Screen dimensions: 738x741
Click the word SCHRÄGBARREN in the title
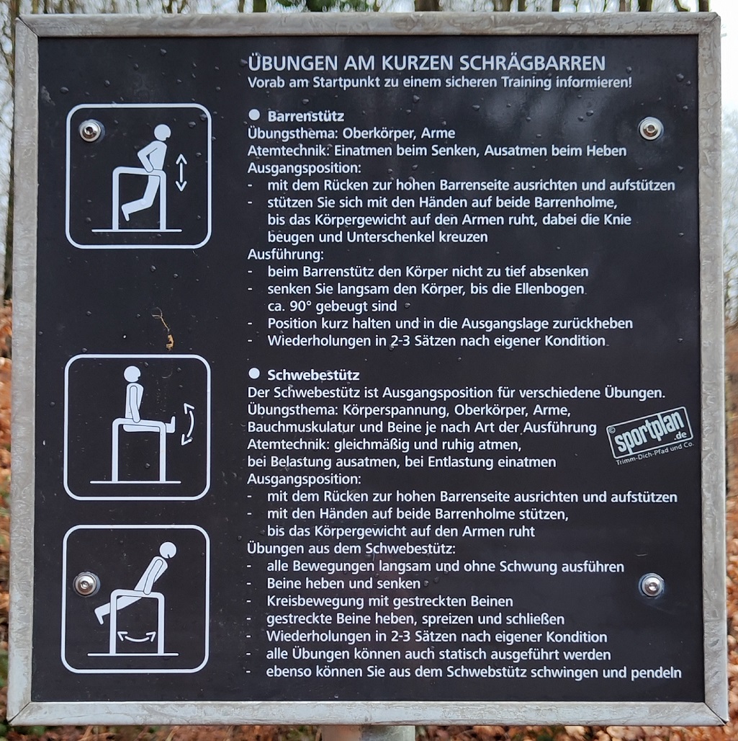tap(532, 63)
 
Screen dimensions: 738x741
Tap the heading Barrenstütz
tap(306, 116)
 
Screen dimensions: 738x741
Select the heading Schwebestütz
tap(313, 376)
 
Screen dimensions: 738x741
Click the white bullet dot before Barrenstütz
tap(254, 115)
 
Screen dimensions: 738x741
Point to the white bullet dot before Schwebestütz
tap(254, 373)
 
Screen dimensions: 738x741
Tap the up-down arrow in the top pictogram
tap(181, 173)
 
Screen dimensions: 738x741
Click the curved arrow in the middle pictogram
tap(189, 424)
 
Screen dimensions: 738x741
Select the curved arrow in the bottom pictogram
tap(137, 637)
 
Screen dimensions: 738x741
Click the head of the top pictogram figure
tap(162, 133)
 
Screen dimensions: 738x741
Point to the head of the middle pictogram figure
tap(132, 374)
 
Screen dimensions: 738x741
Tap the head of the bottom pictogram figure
tap(168, 550)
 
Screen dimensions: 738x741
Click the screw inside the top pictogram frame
tap(91, 130)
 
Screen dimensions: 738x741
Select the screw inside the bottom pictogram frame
tap(86, 584)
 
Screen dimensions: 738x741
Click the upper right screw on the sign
tap(651, 128)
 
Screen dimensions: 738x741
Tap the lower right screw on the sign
tap(652, 585)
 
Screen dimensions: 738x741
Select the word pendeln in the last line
tap(656, 672)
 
